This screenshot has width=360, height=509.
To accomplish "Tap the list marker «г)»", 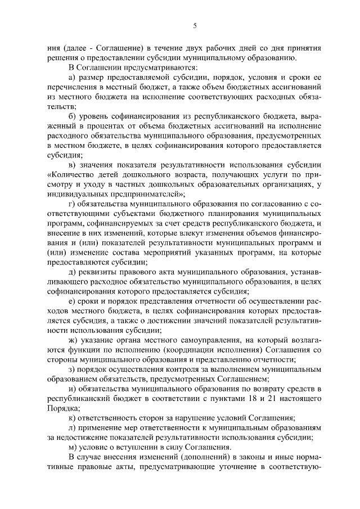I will pos(71,204).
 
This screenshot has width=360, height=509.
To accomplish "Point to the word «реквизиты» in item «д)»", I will pos(100,272).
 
